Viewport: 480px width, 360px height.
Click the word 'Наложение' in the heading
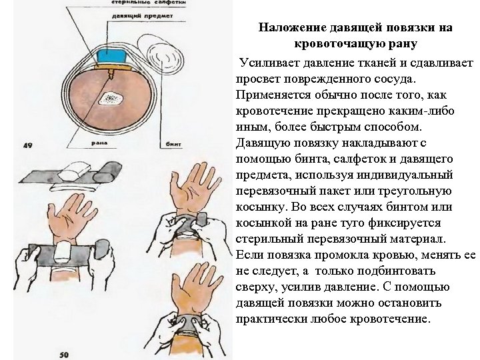291,28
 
